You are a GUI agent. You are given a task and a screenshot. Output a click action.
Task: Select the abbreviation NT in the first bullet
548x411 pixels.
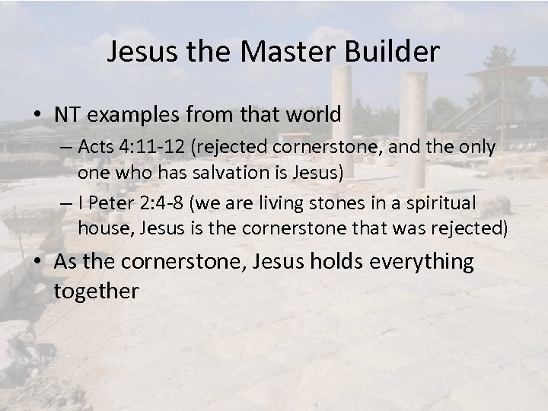pos(66,116)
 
